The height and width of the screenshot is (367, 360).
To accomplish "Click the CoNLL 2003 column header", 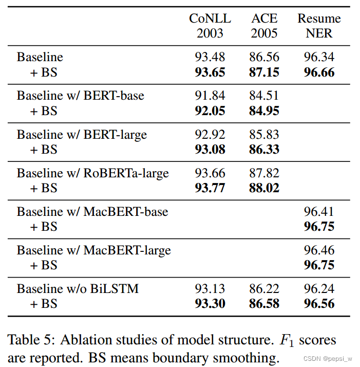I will pos(210,26).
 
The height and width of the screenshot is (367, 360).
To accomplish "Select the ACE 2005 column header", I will pos(264,26).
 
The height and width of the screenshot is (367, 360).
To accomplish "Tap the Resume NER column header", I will pos(319,26).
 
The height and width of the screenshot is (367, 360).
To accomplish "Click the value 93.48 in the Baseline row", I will pos(210,57).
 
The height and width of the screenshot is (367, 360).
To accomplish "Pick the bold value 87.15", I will pos(264,72).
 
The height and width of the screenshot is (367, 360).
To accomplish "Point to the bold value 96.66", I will pos(319,72).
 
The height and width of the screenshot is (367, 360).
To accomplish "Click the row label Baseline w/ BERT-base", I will pos(80,96).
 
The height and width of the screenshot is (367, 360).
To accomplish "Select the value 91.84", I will pos(210,96).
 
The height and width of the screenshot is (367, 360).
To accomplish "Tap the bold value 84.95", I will pos(264,111).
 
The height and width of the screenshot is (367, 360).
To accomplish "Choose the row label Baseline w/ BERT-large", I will pos(82,134).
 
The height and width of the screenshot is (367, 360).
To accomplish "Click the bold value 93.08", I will pos(210,150).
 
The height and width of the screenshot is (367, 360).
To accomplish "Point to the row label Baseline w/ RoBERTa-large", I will pos(92,173).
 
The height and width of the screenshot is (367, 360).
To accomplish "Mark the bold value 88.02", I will pos(264,188).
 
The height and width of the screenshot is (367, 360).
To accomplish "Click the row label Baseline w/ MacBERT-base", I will pos(92,211).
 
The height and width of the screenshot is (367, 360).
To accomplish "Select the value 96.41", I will pos(319,211).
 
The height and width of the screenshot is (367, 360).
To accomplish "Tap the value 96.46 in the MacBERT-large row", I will pos(319,250).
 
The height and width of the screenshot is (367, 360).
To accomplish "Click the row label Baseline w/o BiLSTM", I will pos(78,289).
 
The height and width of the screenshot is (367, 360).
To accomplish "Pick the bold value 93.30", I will pos(210,304).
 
